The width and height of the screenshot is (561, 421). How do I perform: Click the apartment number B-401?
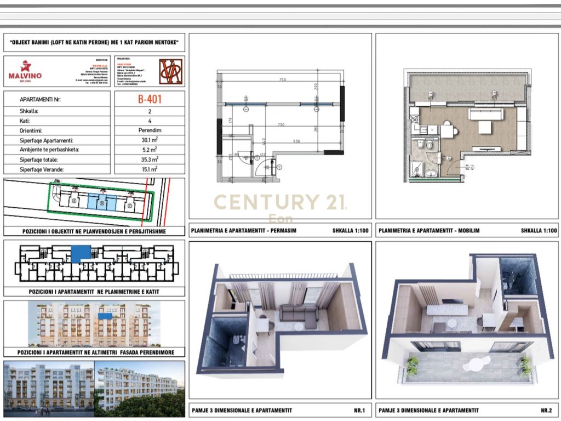pos(150,100)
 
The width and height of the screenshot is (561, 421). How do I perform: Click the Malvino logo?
pos(25,71)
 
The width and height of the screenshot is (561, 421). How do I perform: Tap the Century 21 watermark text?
pos(279,202)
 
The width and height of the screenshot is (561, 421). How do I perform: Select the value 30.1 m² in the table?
pos(150,140)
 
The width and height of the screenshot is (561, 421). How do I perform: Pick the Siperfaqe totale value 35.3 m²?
pos(150,160)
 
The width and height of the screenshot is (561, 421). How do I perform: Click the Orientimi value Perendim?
pos(150,130)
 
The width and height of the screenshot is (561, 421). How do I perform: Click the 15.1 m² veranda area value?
pos(150,169)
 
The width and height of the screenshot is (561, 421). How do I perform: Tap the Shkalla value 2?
pos(150,111)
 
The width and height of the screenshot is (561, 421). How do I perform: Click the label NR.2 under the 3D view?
pos(546,410)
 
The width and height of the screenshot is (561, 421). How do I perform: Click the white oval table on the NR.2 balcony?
pos(477,363)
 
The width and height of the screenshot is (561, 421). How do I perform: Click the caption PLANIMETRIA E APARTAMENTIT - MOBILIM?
pos(429,231)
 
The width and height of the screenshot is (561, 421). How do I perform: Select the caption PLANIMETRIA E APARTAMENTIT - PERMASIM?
pos(243,231)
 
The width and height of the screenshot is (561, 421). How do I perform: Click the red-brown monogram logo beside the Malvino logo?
pos(170,71)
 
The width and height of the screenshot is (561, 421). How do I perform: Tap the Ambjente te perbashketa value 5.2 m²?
pos(150,150)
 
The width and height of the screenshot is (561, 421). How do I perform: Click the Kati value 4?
pos(150,121)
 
